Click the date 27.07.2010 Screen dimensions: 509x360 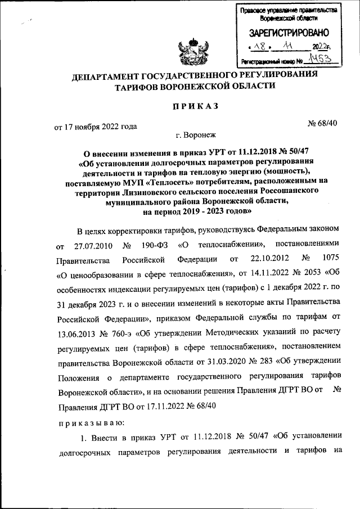coord(90,246)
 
